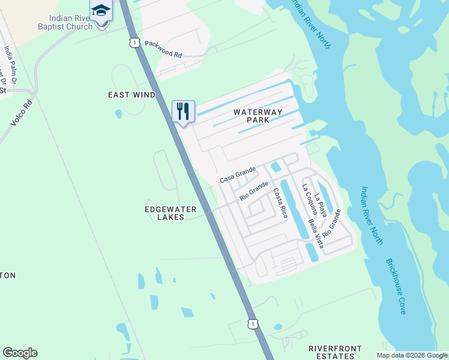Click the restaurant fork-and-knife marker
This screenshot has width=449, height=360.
[x=183, y=112]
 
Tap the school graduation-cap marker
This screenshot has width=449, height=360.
[x=100, y=11]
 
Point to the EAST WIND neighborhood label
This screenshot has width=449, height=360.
[x=131, y=95]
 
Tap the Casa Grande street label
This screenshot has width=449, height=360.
[x=238, y=175]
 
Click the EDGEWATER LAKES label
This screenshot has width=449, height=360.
[x=164, y=213]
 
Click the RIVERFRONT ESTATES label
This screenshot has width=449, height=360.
[x=335, y=352]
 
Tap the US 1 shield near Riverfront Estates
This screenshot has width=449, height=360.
[x=254, y=323]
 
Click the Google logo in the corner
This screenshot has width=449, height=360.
[x=20, y=353]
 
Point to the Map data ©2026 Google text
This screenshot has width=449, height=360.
[x=412, y=355]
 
